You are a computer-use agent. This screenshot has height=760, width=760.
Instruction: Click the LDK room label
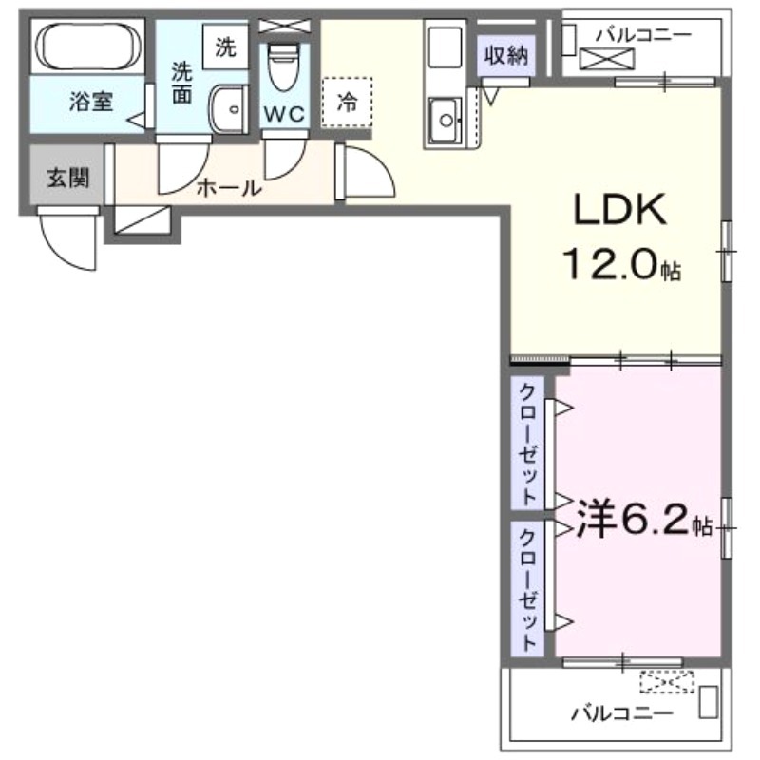(x=619, y=210)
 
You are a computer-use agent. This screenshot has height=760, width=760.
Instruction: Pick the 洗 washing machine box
(x=225, y=47)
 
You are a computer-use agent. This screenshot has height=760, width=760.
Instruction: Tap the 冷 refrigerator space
(x=348, y=102)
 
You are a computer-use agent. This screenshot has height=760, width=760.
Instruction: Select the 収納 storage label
(x=503, y=55)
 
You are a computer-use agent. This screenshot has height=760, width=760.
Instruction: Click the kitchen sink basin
(x=444, y=120)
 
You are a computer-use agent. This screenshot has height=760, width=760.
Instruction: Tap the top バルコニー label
(x=643, y=34)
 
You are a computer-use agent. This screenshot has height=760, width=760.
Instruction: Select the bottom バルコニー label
(x=621, y=712)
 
